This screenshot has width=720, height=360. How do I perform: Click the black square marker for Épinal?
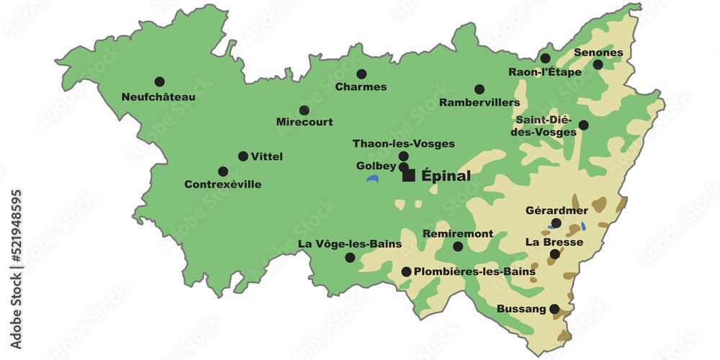(x=409, y=176)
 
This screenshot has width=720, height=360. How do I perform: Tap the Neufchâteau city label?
(x=158, y=97)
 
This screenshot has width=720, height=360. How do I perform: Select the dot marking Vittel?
(x=243, y=156)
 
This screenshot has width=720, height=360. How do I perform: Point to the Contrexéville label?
(x=223, y=184)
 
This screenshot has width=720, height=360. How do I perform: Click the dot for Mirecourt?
(x=305, y=110)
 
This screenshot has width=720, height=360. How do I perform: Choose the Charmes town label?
(x=361, y=87)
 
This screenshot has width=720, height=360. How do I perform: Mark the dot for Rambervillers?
(x=480, y=89)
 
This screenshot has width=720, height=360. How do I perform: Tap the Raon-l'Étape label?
(x=545, y=72)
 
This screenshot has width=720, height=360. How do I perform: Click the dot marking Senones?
(x=598, y=64)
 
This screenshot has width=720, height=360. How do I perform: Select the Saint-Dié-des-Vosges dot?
(x=583, y=125)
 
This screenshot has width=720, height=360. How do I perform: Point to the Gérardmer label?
(x=557, y=211)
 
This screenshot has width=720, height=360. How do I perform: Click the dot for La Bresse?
(x=554, y=254)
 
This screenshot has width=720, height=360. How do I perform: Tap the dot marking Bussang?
(x=554, y=309)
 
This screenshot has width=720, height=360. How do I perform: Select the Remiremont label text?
(x=458, y=234)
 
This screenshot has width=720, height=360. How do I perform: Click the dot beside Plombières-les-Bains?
(x=406, y=271)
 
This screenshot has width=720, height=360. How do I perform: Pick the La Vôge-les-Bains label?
(x=350, y=244)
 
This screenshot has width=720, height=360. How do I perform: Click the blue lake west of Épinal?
(x=372, y=178)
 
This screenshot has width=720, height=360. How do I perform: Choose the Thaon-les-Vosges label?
(x=403, y=143)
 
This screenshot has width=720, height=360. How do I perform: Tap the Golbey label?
(x=376, y=166)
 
